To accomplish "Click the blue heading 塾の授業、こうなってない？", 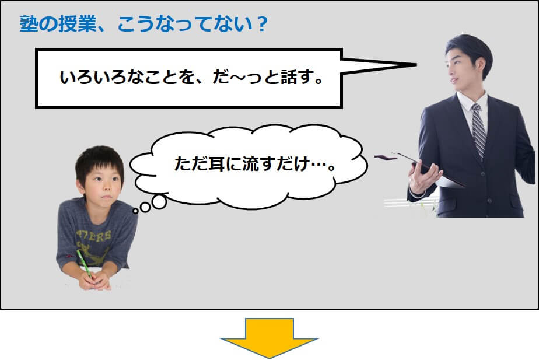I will click(143, 25).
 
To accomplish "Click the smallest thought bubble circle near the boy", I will click(135, 211).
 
